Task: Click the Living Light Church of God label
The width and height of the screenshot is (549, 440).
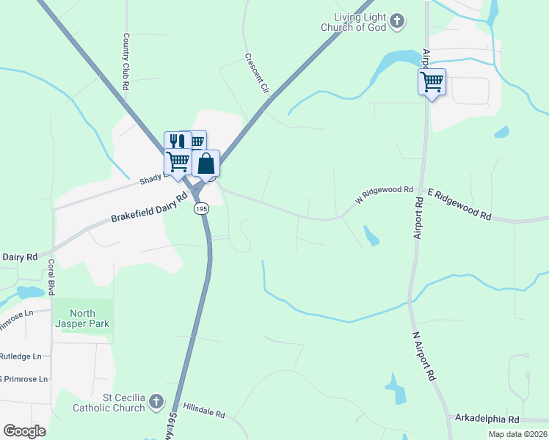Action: tap(357, 22)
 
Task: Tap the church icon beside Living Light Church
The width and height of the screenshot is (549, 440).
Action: tap(396, 21)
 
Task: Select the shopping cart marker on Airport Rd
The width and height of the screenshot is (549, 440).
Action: tap(432, 81)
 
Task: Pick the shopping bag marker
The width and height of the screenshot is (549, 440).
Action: tap(206, 163)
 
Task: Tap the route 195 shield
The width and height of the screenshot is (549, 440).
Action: tap(202, 209)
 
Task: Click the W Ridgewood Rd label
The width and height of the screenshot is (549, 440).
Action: tap(384, 194)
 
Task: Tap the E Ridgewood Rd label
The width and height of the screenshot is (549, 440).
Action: tap(459, 204)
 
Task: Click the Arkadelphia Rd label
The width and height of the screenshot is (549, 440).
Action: tap(487, 419)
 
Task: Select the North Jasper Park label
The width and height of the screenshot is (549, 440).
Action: tap(88, 318)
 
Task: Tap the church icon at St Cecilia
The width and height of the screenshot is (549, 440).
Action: tap(156, 401)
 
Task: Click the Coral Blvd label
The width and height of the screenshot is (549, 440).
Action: tap(51, 276)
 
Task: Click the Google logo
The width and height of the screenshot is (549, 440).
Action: tap(25, 431)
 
